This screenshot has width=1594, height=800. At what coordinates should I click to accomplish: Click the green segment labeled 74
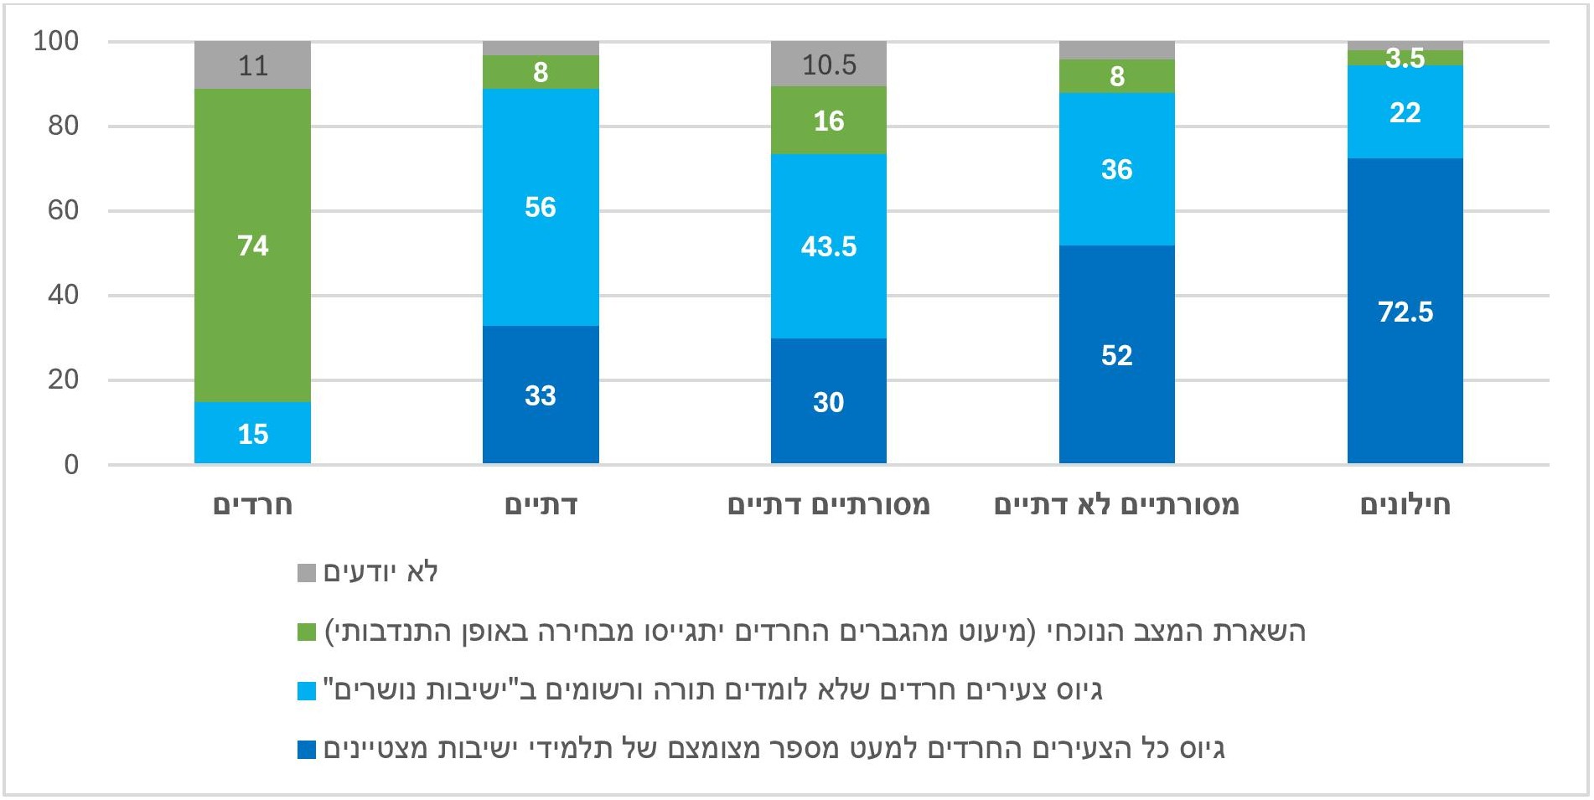(x=252, y=245)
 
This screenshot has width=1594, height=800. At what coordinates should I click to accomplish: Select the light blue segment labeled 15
(x=252, y=433)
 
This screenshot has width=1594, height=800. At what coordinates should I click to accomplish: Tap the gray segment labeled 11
(x=252, y=65)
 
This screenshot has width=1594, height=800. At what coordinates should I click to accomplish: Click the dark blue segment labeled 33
(x=541, y=395)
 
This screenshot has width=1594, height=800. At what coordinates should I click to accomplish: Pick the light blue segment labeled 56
(x=541, y=207)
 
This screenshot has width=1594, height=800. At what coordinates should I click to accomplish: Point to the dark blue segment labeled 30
(x=828, y=401)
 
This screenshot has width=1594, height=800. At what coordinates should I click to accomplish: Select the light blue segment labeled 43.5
(x=828, y=246)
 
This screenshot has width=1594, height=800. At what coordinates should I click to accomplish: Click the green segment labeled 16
(x=828, y=121)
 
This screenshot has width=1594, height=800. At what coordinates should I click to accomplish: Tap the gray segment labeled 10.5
(x=828, y=65)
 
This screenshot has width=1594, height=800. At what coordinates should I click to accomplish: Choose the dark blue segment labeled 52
(x=1116, y=355)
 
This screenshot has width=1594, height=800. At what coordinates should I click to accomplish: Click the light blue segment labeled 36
(x=1116, y=169)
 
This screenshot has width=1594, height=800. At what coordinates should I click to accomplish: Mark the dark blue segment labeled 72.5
(x=1405, y=312)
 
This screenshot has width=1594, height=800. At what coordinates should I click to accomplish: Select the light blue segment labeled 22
(x=1405, y=112)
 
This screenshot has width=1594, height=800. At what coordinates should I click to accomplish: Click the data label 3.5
(x=1405, y=58)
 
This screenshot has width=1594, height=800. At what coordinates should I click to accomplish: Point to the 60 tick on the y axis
(x=63, y=210)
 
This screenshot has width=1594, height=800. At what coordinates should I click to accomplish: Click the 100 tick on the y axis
(x=56, y=41)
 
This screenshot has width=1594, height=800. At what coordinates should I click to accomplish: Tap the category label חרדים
(x=252, y=505)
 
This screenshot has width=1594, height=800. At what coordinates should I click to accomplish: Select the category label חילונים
(x=1405, y=505)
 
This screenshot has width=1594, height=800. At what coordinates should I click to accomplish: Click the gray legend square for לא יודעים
(x=307, y=573)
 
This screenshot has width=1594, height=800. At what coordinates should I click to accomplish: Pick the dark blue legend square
(x=307, y=749)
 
